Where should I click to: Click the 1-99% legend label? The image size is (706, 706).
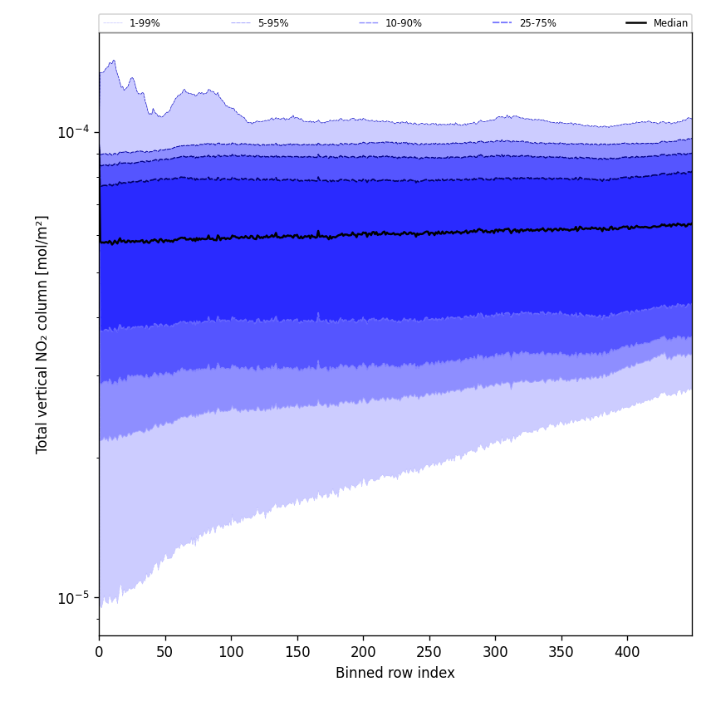coord(145,23)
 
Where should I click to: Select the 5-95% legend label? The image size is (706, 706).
coord(272,23)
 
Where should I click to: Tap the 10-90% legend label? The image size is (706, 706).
coord(403,23)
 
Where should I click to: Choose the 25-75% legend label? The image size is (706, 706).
coord(537,23)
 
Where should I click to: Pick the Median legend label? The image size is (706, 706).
coord(670,23)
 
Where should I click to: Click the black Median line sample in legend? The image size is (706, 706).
coord(636,23)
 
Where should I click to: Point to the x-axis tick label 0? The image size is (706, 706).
coord(99,653)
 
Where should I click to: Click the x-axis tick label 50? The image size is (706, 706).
coord(164,653)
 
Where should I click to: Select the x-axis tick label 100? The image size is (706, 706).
coord(231,653)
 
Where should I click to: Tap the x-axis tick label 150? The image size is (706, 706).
coord(297,653)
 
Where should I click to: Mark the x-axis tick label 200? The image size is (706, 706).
coord(363,653)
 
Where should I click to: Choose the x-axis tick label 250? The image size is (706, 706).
coord(429,653)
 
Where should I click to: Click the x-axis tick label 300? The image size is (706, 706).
coord(495,653)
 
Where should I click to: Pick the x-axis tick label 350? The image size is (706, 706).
coord(561,653)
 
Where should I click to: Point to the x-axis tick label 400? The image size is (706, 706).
coord(627,653)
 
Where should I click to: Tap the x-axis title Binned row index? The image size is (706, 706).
coord(395,673)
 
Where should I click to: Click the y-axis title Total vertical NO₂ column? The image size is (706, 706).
coord(42,334)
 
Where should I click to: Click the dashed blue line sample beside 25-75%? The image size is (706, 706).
coord(503,23)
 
